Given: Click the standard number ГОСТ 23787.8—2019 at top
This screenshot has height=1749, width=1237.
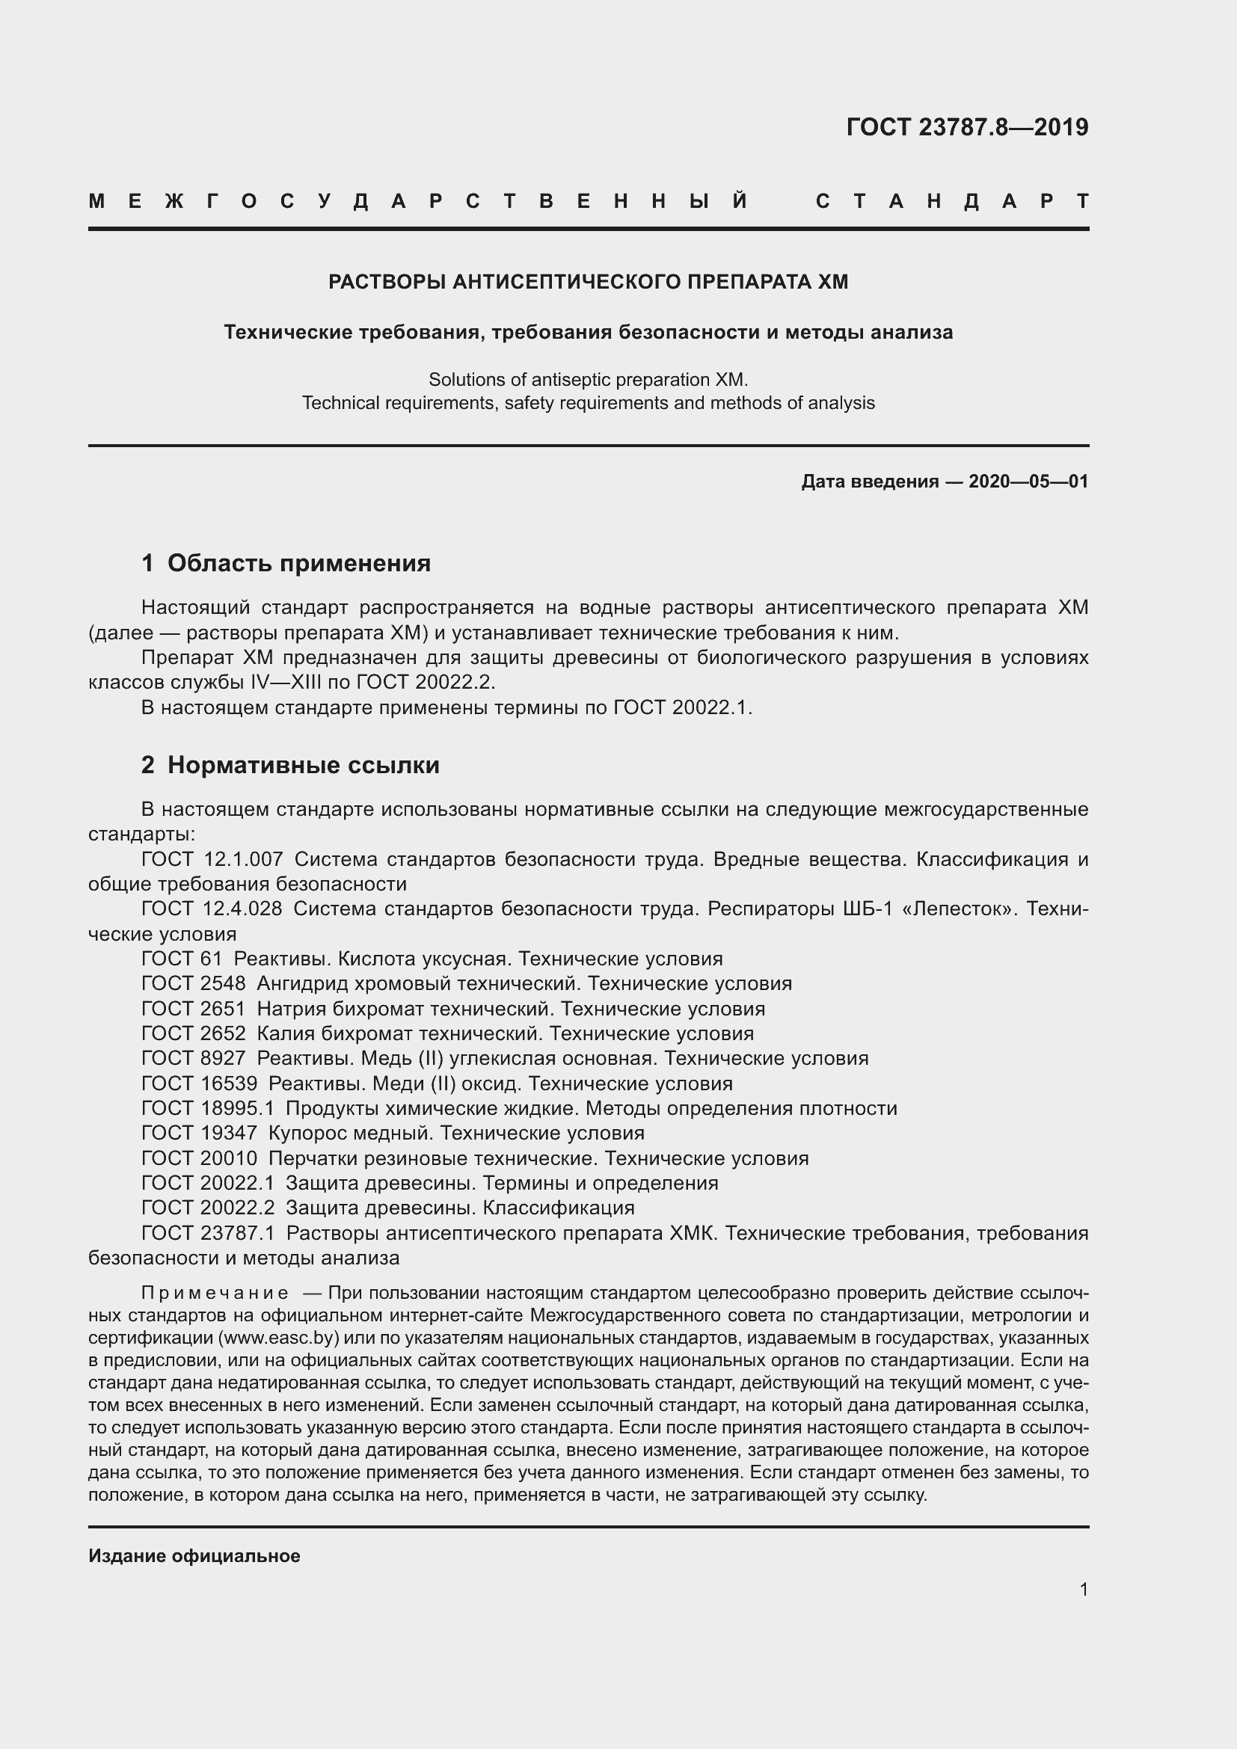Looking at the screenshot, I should [x=966, y=127].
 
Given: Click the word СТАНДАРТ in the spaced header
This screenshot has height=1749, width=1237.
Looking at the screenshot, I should [x=952, y=201].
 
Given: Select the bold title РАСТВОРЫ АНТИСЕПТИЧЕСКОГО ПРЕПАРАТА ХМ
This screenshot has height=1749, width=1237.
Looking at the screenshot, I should [x=588, y=282].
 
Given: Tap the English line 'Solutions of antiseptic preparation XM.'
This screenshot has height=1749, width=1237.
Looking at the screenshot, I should [x=588, y=379].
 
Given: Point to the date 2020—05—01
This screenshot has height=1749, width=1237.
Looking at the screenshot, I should [x=1028, y=482].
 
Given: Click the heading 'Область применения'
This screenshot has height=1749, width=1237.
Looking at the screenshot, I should [x=298, y=563].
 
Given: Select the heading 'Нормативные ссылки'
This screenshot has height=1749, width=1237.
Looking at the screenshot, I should [x=303, y=765].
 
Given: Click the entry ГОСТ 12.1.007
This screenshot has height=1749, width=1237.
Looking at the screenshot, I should [x=212, y=859].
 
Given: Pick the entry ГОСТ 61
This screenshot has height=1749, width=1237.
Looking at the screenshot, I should [x=181, y=959].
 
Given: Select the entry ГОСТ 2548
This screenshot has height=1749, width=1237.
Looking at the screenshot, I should [x=194, y=983].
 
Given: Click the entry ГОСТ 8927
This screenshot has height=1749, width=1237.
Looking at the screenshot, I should [x=194, y=1058].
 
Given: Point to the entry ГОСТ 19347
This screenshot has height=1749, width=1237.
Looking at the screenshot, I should [x=199, y=1133].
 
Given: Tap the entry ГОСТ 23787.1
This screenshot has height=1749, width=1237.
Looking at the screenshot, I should [x=208, y=1232].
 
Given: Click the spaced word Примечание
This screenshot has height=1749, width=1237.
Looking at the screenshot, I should [x=215, y=1293].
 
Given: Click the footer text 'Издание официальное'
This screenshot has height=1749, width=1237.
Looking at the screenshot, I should [x=194, y=1556].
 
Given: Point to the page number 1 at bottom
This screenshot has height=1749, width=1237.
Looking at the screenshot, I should [x=1083, y=1590].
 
